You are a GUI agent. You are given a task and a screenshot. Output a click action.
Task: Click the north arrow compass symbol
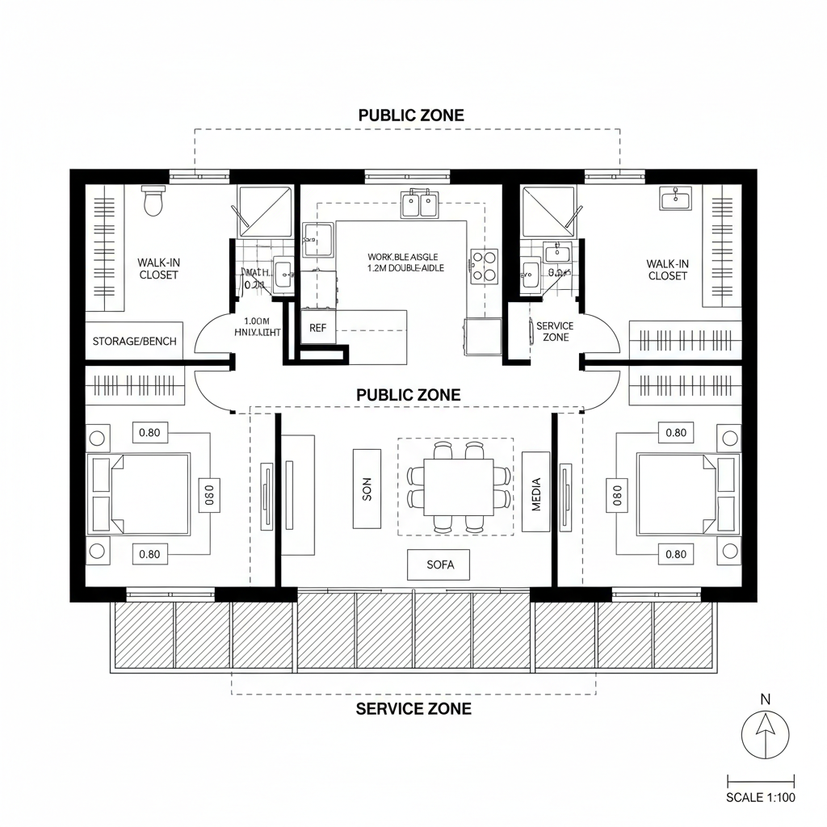pyautogui.click(x=765, y=736)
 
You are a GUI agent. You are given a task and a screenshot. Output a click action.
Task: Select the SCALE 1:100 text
pyautogui.click(x=761, y=798)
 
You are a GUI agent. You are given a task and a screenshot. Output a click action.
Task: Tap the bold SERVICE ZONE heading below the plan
pyautogui.click(x=413, y=709)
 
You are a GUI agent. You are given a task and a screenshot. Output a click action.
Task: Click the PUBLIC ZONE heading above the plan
pyautogui.click(x=411, y=115)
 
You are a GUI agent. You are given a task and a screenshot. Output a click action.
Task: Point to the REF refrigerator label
pyautogui.click(x=317, y=329)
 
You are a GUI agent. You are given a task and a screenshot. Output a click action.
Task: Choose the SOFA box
pyautogui.click(x=440, y=565)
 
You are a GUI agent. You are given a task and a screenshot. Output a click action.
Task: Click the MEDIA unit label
pyautogui.click(x=536, y=491)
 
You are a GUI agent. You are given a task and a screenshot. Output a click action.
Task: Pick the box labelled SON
pyautogui.click(x=367, y=489)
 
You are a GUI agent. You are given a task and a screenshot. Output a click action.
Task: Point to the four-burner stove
pyautogui.click(x=484, y=265)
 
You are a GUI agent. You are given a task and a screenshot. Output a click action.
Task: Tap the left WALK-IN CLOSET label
pyautogui.click(x=157, y=268)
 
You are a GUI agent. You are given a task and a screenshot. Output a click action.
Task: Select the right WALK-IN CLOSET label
pyautogui.click(x=668, y=269)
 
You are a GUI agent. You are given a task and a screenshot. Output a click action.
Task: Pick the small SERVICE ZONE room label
pyautogui.click(x=555, y=331)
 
